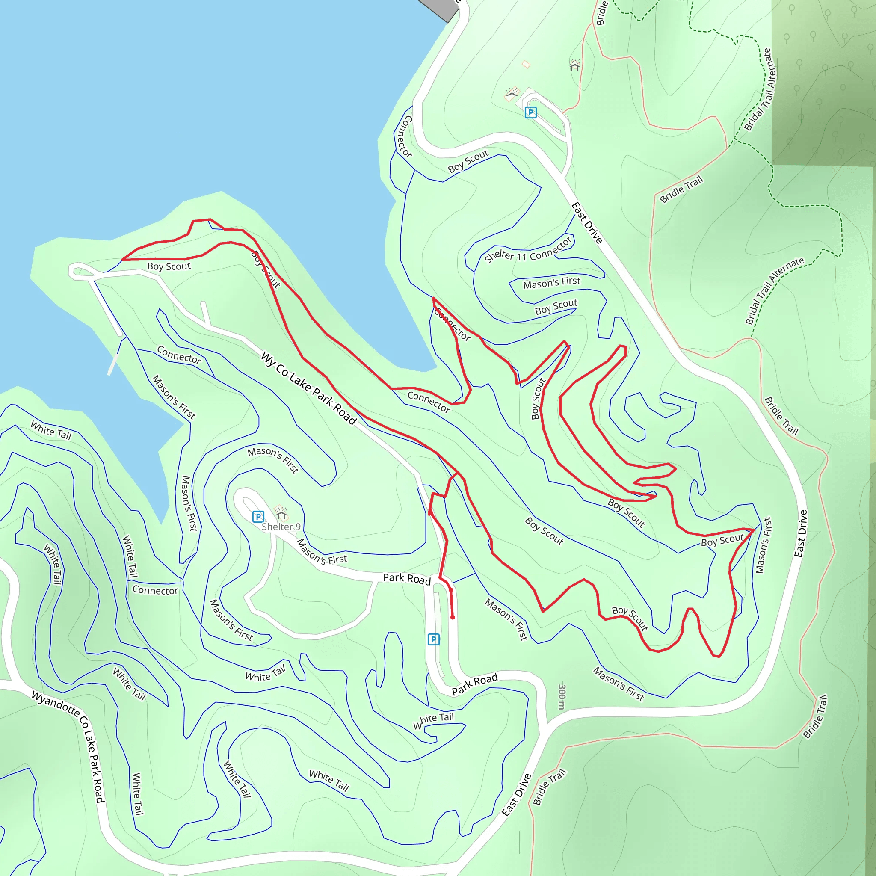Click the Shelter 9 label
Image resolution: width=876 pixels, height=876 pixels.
281,527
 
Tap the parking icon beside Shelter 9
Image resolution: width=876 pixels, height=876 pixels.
258,516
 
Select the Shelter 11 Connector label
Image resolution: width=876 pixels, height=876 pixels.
528,250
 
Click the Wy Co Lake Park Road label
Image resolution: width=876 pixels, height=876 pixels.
309,388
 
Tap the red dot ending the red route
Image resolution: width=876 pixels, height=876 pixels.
453,617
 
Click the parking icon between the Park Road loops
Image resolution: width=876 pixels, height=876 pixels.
433,639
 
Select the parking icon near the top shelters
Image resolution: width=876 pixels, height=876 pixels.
530,112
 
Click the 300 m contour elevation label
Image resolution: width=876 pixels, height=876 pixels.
562,695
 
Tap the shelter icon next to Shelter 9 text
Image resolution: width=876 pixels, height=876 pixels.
281,513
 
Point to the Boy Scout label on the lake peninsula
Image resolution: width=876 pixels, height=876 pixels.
169,266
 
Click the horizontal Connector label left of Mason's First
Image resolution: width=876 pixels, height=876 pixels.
155,590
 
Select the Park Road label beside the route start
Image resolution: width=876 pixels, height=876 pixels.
407,579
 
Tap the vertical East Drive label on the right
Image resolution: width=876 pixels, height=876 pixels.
801,534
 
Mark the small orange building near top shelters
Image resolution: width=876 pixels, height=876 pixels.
526,65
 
